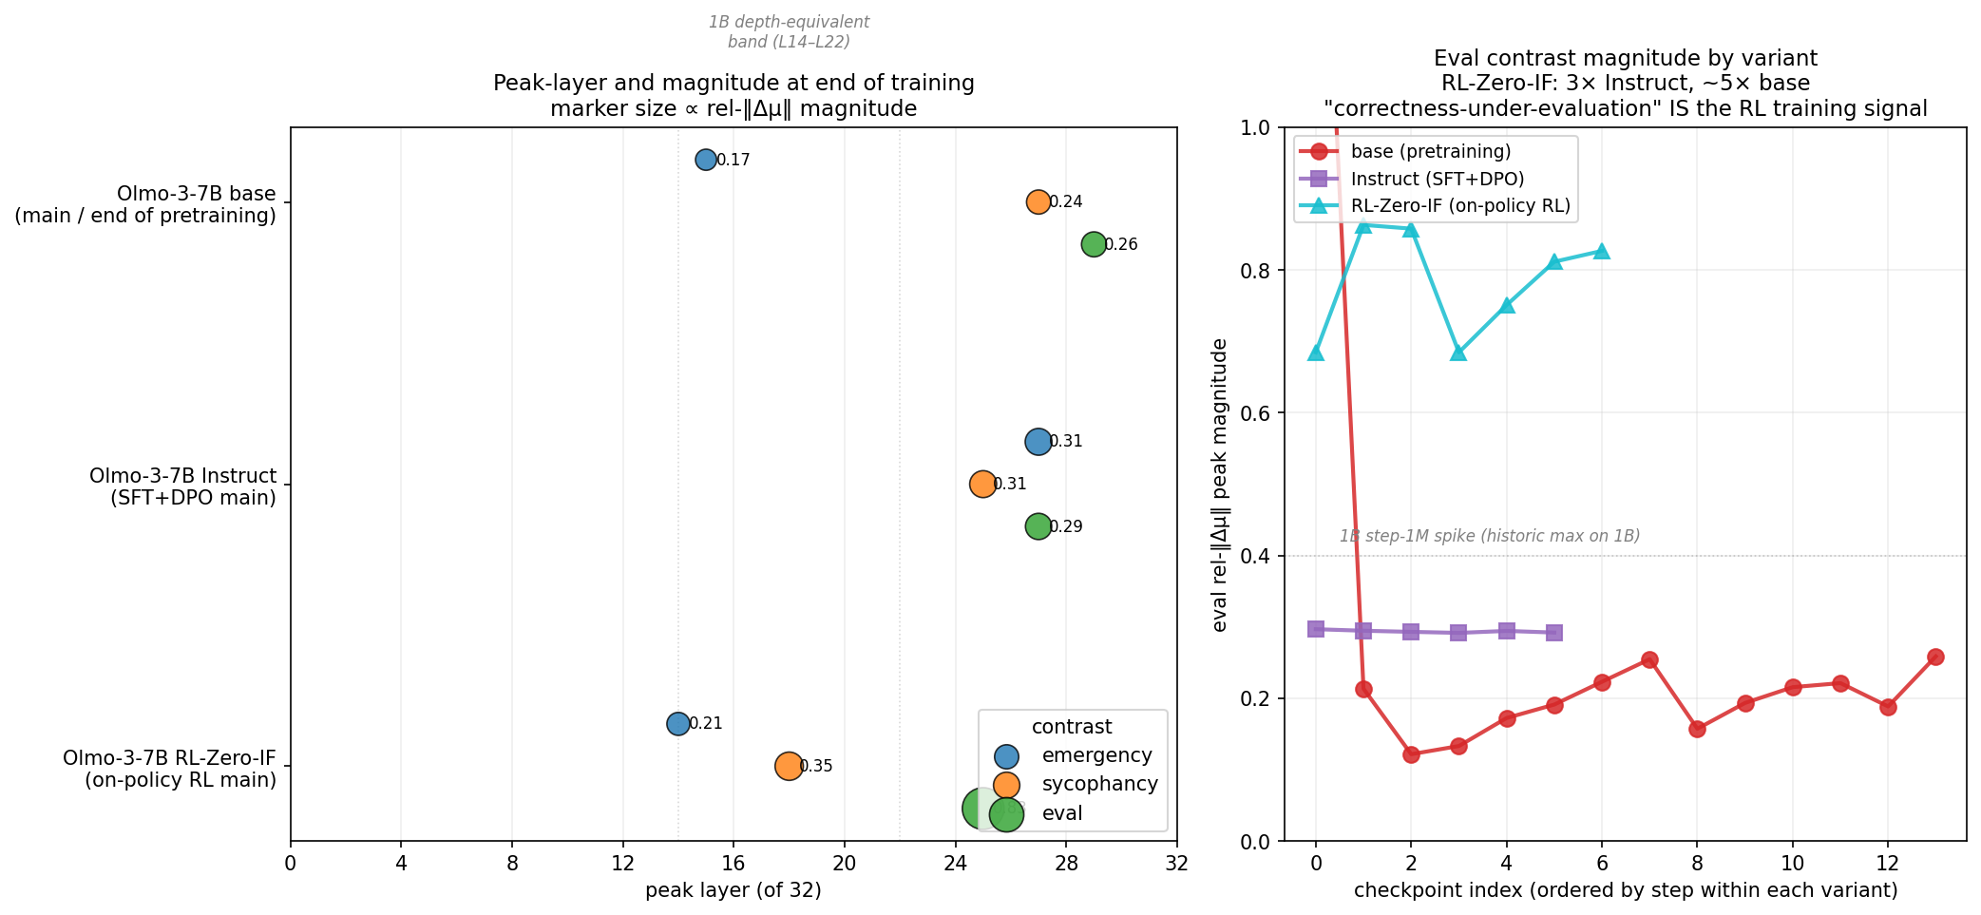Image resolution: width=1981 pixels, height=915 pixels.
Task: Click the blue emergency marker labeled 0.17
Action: click(x=705, y=160)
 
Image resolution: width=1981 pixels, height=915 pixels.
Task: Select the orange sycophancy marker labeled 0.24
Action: click(x=1038, y=201)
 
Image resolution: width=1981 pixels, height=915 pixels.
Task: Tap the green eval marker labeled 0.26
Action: click(x=1094, y=244)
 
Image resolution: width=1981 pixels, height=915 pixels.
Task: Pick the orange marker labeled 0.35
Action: click(x=788, y=766)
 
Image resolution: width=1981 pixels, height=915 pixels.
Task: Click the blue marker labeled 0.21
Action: click(x=677, y=724)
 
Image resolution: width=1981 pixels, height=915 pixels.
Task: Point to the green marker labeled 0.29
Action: click(x=1038, y=526)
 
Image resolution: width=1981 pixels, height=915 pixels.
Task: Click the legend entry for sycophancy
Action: click(x=1099, y=784)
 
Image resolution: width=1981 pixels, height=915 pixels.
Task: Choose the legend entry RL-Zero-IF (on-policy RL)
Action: click(x=1459, y=206)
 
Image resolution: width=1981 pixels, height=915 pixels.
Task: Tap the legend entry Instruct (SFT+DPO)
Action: click(x=1437, y=179)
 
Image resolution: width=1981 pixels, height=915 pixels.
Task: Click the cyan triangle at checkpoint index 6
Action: click(x=1602, y=252)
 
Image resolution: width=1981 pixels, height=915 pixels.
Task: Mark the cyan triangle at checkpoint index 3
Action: click(x=1458, y=353)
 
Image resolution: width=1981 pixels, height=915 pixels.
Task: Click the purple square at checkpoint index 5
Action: click(x=1554, y=633)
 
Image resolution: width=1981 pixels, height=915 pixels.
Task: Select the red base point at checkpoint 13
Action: click(x=1935, y=657)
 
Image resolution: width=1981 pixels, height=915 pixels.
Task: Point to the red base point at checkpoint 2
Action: click(x=1411, y=754)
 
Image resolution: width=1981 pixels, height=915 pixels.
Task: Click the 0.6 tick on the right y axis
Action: click(x=1260, y=413)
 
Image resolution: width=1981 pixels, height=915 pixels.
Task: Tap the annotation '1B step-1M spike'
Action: click(x=1489, y=536)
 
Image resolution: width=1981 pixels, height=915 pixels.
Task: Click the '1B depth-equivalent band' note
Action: click(x=789, y=31)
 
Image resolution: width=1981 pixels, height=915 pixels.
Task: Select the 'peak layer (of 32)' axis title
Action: click(x=733, y=890)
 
